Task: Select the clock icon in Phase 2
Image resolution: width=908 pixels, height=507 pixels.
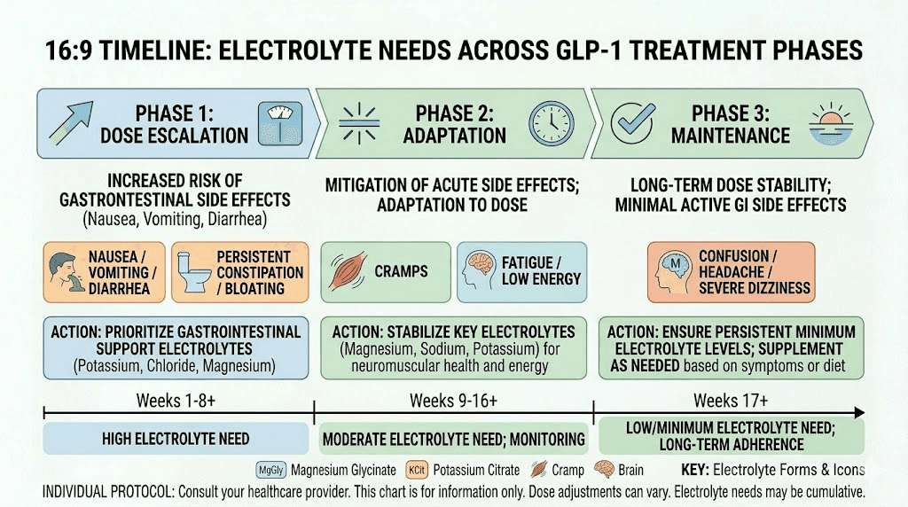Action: click(551, 122)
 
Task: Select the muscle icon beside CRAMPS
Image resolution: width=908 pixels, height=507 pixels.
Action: click(348, 270)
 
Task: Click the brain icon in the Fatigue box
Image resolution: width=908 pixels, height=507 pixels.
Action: click(480, 270)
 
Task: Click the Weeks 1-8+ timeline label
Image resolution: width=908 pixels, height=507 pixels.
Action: click(176, 401)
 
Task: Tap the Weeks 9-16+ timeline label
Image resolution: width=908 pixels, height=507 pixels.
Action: click(453, 401)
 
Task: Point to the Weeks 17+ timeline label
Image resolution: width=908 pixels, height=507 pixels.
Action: click(730, 401)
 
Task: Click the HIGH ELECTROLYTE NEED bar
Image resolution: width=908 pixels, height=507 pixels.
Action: click(176, 438)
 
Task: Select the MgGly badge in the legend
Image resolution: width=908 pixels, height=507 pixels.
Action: click(270, 470)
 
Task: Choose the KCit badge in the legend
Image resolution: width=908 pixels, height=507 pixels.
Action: click(418, 470)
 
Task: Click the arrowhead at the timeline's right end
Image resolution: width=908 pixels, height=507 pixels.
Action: click(858, 413)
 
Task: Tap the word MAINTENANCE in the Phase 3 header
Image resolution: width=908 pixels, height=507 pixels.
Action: click(730, 136)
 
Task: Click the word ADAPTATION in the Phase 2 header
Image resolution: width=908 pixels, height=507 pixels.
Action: click(454, 136)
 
